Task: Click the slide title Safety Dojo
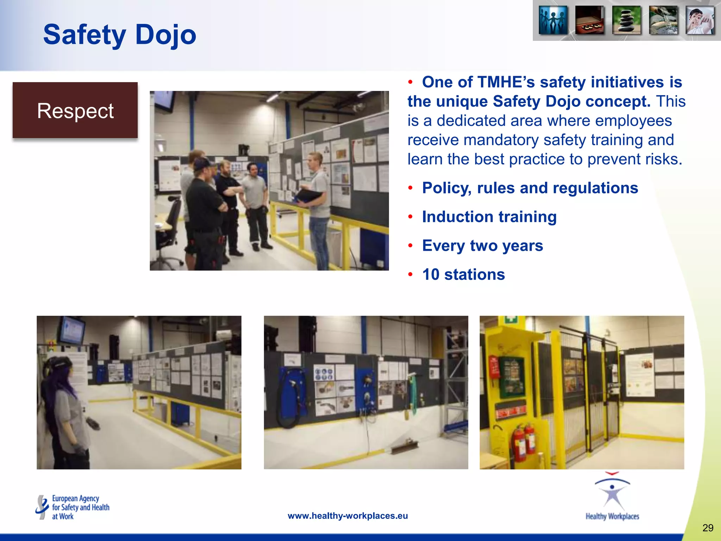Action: click(120, 35)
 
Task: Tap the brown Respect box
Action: click(75, 111)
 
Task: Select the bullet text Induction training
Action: click(489, 217)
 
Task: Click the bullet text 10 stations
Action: click(463, 274)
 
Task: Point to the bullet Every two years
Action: click(482, 245)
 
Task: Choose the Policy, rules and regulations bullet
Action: click(530, 188)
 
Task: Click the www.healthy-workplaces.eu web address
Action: click(347, 516)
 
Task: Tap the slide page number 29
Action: click(708, 528)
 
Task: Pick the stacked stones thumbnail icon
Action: click(626, 20)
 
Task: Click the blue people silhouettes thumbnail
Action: click(553, 20)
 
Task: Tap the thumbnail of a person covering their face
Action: click(700, 20)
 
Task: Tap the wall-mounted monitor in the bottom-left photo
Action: click(72, 330)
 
